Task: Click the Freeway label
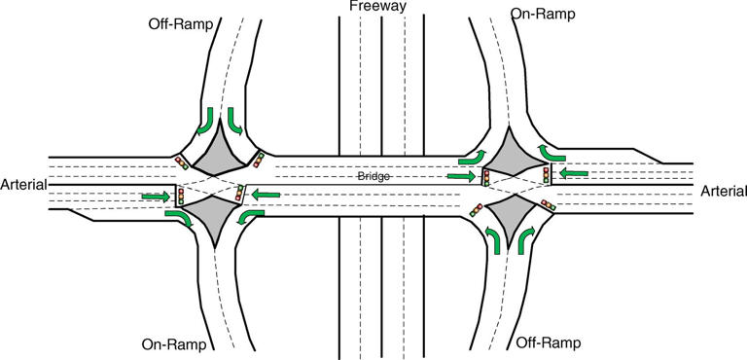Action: point(379,7)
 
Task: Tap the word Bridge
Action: point(372,177)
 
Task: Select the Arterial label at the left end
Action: point(24,184)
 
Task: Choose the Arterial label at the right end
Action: point(723,193)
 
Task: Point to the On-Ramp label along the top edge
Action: point(543,15)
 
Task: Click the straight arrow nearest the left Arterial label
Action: point(154,198)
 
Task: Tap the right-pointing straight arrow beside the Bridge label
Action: point(462,177)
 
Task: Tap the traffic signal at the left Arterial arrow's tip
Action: point(179,197)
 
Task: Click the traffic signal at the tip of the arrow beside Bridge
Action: point(484,177)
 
